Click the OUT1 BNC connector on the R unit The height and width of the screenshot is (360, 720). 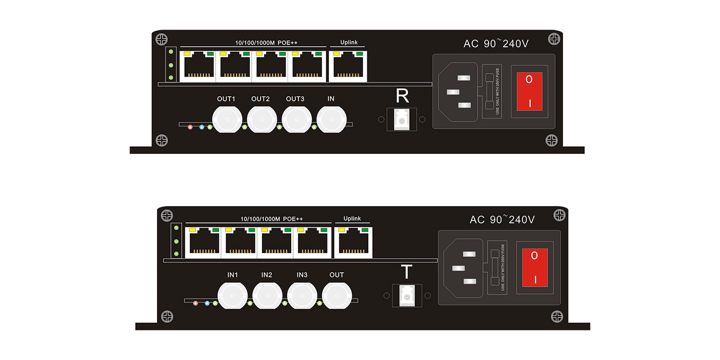click(x=227, y=119)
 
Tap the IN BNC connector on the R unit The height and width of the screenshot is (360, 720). click(x=331, y=119)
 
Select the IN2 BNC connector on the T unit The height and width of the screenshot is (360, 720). click(x=267, y=296)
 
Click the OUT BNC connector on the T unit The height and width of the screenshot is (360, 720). click(x=337, y=296)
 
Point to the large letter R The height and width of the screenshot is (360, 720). click(x=402, y=96)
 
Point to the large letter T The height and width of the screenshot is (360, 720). click(x=406, y=272)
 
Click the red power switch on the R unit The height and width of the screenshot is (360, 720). click(x=529, y=91)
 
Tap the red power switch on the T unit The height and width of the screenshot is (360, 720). click(x=535, y=267)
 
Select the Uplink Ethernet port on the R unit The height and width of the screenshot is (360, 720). click(x=348, y=67)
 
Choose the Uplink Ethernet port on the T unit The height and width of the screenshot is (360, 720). click(x=354, y=243)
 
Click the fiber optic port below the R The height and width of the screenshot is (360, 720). click(x=402, y=120)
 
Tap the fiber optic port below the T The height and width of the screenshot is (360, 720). click(x=407, y=296)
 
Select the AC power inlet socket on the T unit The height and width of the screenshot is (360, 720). click(x=464, y=268)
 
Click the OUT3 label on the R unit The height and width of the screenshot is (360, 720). click(x=295, y=99)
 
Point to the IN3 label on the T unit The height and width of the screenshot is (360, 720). click(x=302, y=275)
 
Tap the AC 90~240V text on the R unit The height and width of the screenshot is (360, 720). click(x=496, y=44)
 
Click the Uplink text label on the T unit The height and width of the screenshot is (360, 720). click(x=352, y=218)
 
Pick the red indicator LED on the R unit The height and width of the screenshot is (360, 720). click(x=190, y=127)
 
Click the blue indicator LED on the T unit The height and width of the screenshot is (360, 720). click(x=207, y=303)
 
